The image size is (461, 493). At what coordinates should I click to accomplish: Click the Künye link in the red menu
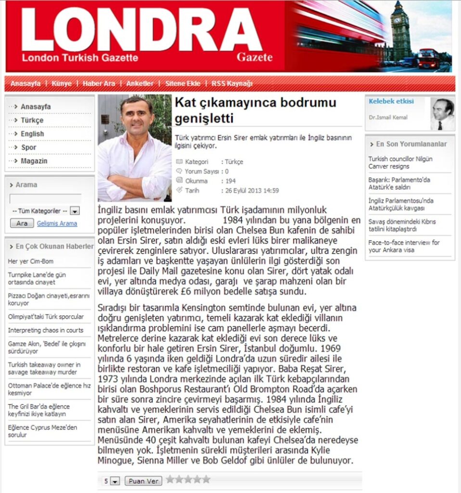[x=62, y=83]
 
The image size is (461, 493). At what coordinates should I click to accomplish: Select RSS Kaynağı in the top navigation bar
[x=232, y=83]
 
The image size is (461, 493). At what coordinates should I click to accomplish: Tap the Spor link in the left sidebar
[x=28, y=147]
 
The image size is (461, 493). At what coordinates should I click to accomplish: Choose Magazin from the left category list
[x=34, y=161]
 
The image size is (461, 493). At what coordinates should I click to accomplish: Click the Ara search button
[x=22, y=223]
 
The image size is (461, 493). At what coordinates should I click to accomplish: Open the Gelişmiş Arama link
[x=57, y=223]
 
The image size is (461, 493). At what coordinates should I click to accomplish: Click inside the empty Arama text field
[x=45, y=198]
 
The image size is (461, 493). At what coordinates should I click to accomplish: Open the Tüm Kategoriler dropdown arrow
[x=76, y=211]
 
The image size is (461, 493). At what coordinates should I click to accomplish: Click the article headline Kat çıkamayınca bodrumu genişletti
[x=255, y=110]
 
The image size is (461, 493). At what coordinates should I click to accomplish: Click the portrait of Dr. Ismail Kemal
[x=442, y=114]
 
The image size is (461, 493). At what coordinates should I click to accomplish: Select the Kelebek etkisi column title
[x=391, y=101]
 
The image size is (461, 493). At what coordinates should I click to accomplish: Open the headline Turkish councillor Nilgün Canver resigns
[x=400, y=162]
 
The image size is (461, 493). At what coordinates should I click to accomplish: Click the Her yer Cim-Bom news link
[x=31, y=261]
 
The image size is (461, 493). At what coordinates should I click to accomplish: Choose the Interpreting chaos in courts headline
[x=46, y=330]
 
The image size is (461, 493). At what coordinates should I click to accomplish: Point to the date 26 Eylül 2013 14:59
[x=252, y=191]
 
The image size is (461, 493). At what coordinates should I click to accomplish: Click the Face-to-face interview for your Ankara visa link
[x=404, y=246]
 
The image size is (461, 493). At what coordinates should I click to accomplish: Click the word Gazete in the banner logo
[x=255, y=57]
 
